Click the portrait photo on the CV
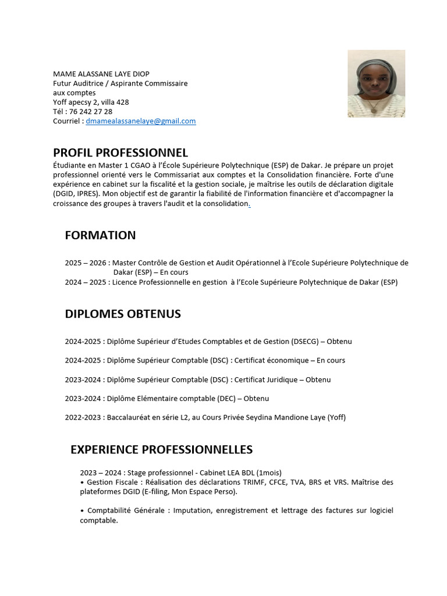tap(376, 83)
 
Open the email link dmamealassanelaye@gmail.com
tap(141, 121)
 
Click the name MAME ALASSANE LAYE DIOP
tap(101, 74)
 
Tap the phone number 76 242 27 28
tap(91, 112)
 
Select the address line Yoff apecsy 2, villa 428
tap(91, 102)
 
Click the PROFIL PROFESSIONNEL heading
tap(120, 153)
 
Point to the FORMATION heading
tap(100, 235)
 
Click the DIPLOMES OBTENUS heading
tap(123, 314)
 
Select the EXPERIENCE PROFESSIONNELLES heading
tap(161, 450)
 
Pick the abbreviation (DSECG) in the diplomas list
tap(304, 342)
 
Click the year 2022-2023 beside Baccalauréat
tap(84, 417)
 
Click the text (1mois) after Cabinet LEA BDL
tap(269, 473)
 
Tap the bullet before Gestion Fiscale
tap(82, 483)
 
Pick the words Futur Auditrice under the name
tap(78, 83)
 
